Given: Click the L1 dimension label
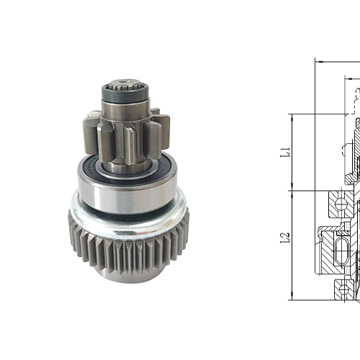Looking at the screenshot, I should (x=284, y=151).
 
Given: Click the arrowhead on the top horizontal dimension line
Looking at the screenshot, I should (x=320, y=61).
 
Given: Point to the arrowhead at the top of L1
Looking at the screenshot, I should (x=292, y=117).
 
